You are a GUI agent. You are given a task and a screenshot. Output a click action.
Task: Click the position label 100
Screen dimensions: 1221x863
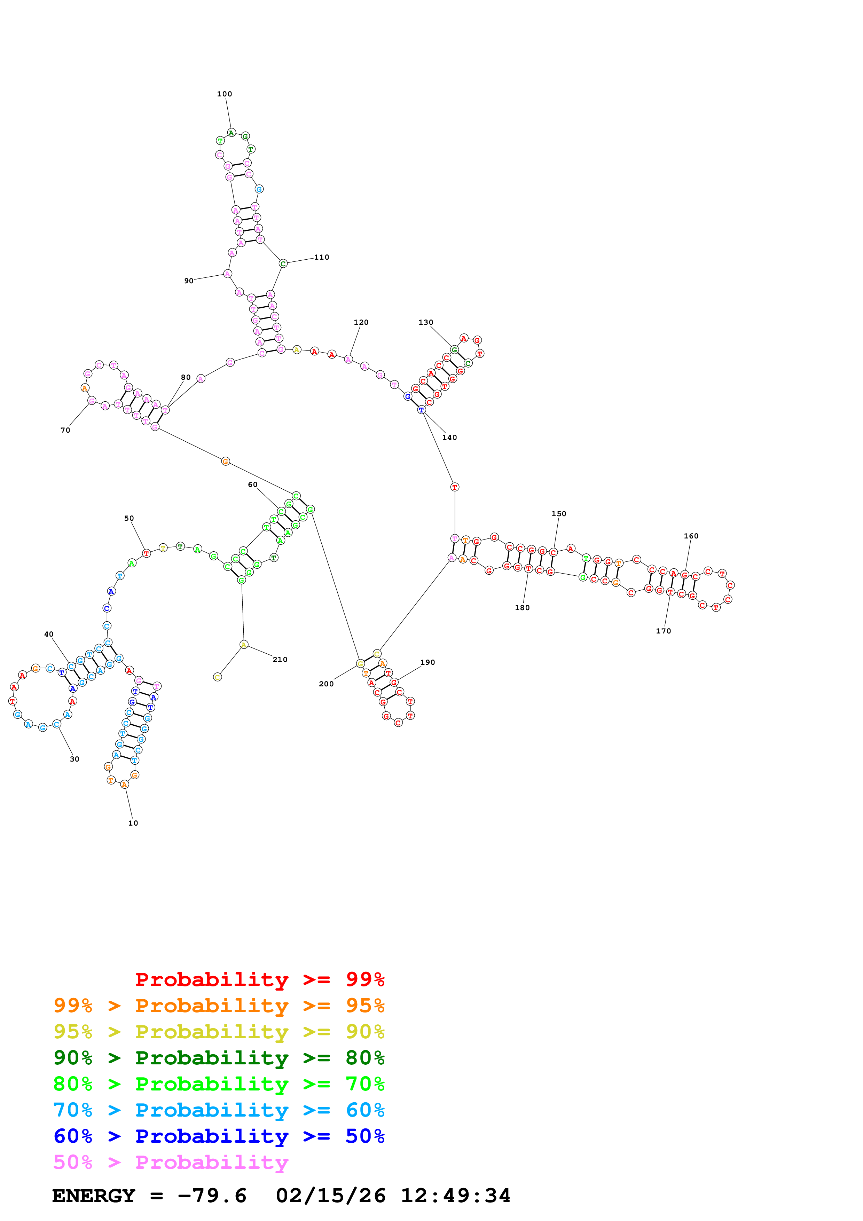pos(225,94)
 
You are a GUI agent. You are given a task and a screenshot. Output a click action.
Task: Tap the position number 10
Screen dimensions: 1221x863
pos(133,823)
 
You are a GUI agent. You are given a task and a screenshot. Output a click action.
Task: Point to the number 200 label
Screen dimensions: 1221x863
pos(326,684)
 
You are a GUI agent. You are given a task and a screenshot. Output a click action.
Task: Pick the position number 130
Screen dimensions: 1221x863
pos(425,322)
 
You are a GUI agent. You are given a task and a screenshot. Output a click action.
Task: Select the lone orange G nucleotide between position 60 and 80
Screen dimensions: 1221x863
pos(226,461)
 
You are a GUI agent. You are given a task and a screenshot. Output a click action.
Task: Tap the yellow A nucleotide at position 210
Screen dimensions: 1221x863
pos(244,645)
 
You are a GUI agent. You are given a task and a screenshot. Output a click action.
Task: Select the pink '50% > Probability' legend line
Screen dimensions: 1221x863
pos(170,1163)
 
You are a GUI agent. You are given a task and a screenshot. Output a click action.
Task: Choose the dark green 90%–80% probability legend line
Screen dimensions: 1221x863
pos(219,1058)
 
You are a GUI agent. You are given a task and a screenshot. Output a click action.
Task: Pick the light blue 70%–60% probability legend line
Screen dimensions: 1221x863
pos(219,1110)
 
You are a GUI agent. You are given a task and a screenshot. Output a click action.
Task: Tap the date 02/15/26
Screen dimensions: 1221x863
pos(330,1196)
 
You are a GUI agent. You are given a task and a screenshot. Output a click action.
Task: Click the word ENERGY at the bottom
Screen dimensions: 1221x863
pos(94,1196)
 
